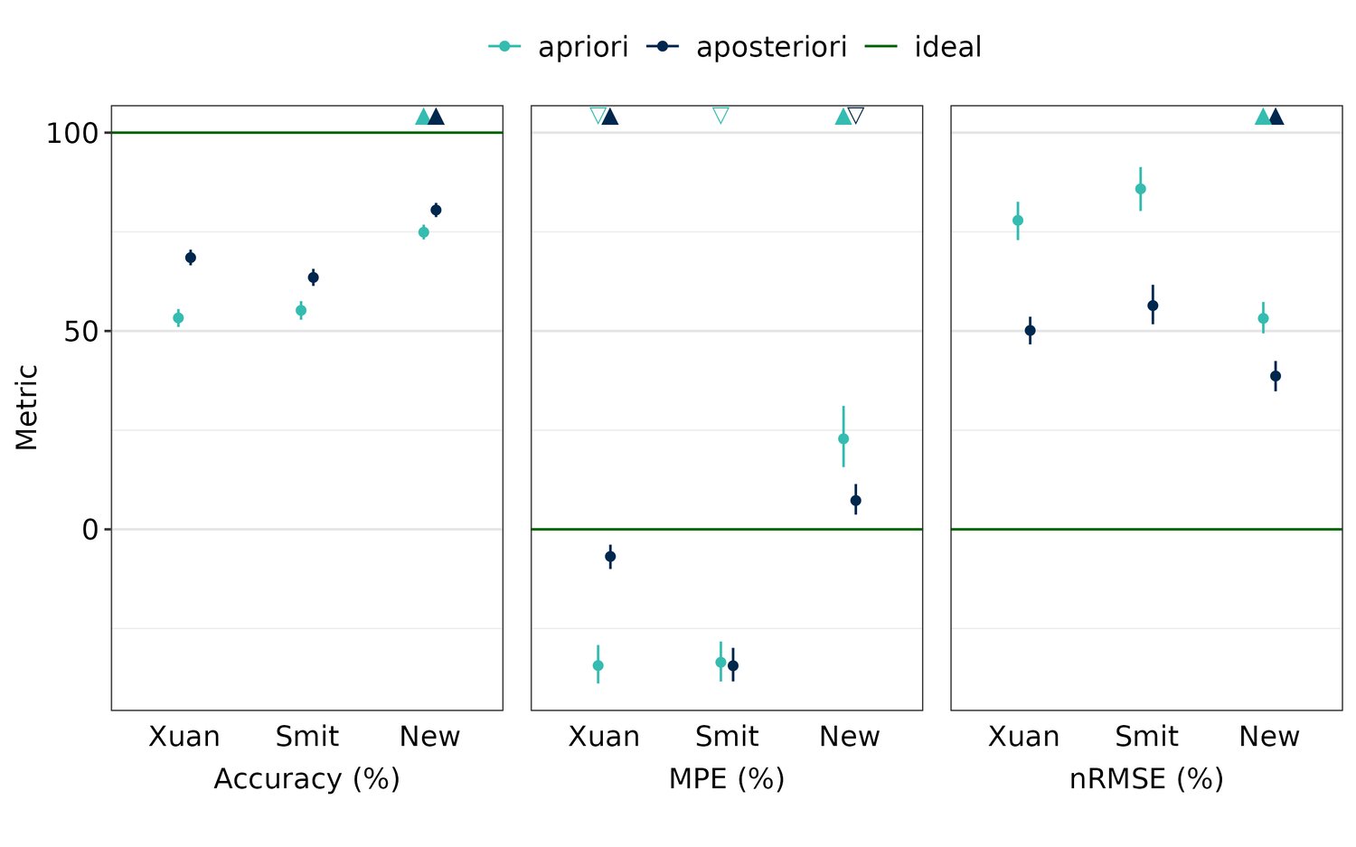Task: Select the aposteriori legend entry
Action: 748,47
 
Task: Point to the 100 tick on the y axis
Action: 71,133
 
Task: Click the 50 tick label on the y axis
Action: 80,331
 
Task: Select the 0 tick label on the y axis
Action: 89,529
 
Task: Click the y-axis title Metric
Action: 26,407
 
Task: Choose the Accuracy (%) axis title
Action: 306,778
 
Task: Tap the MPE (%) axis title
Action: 726,778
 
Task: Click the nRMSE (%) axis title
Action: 1145,778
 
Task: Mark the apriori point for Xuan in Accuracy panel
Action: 178,318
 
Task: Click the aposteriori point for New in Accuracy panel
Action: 436,210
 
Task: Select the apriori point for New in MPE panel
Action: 843,438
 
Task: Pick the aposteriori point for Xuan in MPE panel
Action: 610,557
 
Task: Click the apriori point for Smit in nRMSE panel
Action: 1140,189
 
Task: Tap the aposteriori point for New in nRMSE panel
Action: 1276,376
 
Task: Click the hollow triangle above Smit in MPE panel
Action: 720,115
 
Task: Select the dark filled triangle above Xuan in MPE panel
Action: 610,117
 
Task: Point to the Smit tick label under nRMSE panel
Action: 1145,737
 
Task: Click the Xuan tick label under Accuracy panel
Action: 184,737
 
